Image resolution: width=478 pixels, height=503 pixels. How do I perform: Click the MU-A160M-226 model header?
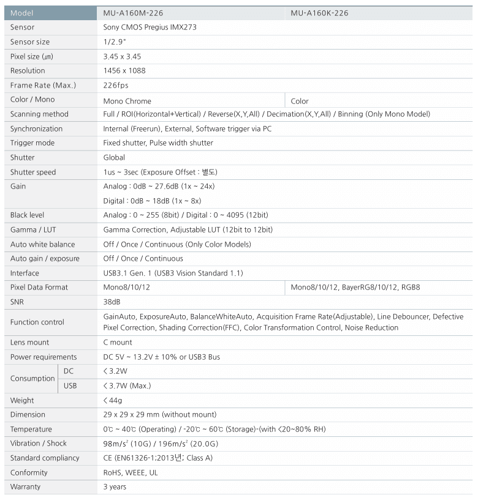(133, 13)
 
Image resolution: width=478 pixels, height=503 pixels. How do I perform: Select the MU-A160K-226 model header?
(320, 13)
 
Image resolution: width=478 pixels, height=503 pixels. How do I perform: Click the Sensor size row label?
(30, 42)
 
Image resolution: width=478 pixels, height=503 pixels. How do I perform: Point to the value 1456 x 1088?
(124, 70)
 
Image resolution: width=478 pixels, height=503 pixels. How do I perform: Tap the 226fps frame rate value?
(116, 85)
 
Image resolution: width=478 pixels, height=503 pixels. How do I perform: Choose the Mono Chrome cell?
(127, 101)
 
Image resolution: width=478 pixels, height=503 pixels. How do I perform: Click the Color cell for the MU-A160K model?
(300, 101)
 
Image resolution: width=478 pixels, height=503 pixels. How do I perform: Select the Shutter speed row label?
(33, 172)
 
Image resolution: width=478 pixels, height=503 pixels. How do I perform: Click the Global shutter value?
(114, 157)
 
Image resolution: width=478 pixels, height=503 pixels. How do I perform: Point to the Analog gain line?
(159, 186)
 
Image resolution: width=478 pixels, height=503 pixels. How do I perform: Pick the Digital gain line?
(152, 201)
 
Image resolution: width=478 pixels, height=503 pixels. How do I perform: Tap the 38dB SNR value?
(112, 302)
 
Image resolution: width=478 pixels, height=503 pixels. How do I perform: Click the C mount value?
(118, 342)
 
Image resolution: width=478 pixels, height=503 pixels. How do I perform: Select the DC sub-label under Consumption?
(69, 371)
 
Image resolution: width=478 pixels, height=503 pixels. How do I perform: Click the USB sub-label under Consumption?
(70, 386)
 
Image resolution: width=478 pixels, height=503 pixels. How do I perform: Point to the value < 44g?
(113, 400)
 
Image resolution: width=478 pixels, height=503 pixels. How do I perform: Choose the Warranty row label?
(25, 486)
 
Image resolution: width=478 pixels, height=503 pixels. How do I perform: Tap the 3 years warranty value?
(115, 486)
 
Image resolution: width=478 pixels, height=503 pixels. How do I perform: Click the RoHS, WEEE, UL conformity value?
(131, 472)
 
